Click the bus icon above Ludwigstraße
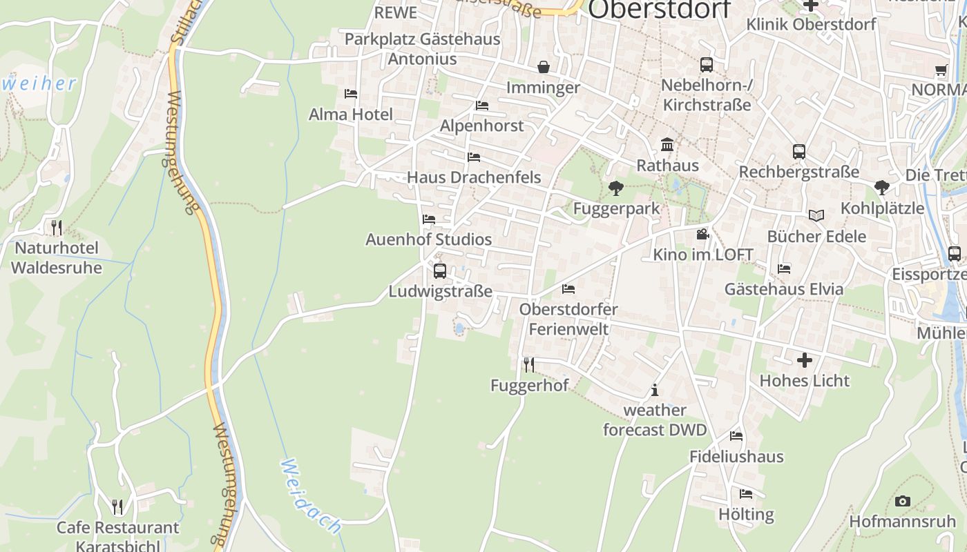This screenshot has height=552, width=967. coord(440,271)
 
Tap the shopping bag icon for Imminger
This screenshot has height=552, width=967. coord(544,67)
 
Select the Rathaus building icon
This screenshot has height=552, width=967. coord(667,145)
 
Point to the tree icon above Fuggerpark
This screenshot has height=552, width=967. coord(615,188)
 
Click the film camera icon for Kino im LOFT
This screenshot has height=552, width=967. coord(702,235)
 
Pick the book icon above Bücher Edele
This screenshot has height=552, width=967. coord(816,216)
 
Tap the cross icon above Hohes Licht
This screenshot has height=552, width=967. coord(805,360)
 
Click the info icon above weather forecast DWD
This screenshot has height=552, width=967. coord(655,391)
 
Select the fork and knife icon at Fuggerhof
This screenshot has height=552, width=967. coord(529,365)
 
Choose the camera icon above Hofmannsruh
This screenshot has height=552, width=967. coord(902,502)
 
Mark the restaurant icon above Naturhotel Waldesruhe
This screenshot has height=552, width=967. coord(57,227)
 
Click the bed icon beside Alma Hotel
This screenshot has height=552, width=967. coord(351,94)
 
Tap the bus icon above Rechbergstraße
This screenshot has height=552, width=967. coord(799,152)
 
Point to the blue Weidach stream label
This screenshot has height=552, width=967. coord(312,496)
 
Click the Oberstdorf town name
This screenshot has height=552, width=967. coord(660,10)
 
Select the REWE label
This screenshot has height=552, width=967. coord(396,12)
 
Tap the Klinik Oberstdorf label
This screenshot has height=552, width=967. coord(811,25)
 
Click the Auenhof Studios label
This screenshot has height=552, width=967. coord(428,239)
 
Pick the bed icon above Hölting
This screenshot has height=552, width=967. coord(746,494)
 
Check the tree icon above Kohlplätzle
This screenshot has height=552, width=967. coord(881,187)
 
